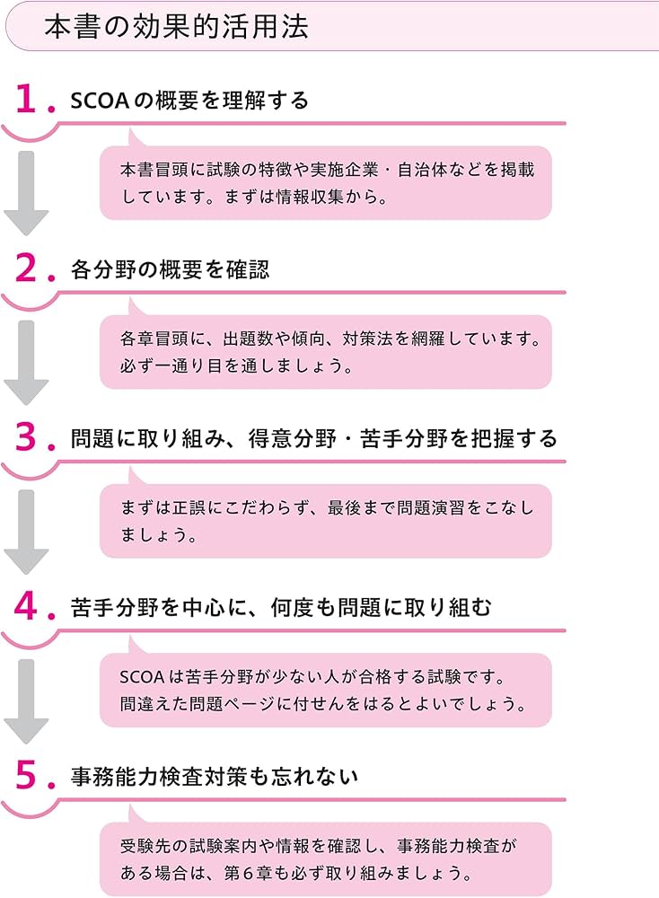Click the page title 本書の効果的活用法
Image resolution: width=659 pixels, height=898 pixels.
(x=176, y=26)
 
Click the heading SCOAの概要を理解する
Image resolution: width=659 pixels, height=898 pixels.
(x=189, y=101)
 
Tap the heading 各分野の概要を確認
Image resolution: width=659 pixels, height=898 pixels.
(x=170, y=269)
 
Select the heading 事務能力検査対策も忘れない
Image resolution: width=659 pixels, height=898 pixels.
(x=215, y=777)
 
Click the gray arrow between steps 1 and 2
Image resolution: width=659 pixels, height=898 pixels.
(x=26, y=193)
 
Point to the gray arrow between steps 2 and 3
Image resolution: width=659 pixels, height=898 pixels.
(x=26, y=362)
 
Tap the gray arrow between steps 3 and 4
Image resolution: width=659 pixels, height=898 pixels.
(x=26, y=532)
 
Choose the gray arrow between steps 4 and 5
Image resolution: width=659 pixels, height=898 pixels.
(x=26, y=700)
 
